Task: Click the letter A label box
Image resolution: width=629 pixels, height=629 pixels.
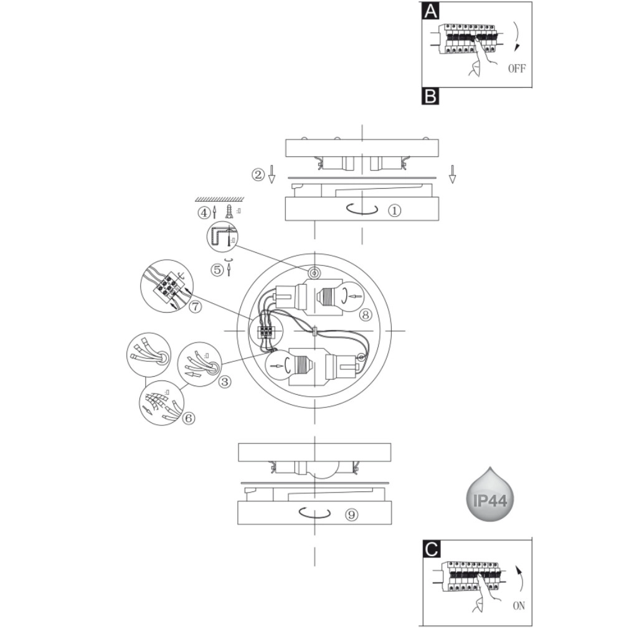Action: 430,11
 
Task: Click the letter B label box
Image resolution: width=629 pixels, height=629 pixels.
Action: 430,97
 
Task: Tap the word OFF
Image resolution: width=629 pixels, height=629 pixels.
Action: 516,69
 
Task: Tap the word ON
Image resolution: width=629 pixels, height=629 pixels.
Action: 518,606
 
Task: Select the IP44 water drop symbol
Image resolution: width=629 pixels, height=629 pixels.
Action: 491,496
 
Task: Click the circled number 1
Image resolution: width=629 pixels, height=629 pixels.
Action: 394,210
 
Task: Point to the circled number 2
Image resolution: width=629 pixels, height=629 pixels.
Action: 258,174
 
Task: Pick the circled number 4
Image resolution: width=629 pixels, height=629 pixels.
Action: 204,212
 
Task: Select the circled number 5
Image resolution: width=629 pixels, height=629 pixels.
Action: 217,270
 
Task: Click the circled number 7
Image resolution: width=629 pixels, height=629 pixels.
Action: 196,306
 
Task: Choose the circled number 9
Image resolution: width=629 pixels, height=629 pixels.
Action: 352,514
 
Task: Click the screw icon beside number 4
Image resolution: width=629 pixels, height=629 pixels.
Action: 229,211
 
